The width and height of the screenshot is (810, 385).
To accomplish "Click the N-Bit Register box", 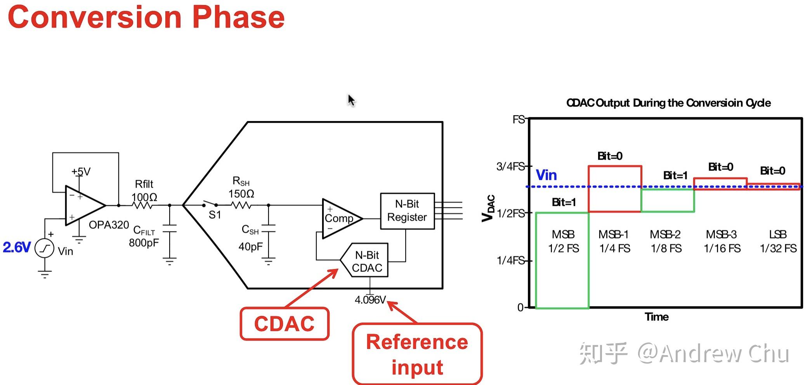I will point(407,211).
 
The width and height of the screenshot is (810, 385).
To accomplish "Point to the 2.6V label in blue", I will point(16,247).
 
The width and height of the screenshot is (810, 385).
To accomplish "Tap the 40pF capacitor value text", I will point(250,247).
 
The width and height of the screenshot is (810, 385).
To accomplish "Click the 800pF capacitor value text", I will point(144,243).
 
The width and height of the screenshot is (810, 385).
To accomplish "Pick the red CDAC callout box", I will point(284,324).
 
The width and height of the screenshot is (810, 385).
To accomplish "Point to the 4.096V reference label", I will point(370,300).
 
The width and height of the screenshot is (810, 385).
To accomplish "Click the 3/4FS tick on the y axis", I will point(510,167).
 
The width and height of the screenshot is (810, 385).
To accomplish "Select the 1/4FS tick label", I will point(510,261).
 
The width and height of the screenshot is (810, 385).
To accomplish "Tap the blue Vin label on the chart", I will point(546,175).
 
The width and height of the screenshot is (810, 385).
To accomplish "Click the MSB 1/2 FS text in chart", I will point(563,241).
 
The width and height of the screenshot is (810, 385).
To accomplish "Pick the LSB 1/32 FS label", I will point(778,241).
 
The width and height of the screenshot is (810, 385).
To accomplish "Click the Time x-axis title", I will point(656,317).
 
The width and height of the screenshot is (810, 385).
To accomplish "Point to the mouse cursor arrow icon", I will point(351,100).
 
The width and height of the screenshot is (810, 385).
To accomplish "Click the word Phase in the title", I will point(238,17).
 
